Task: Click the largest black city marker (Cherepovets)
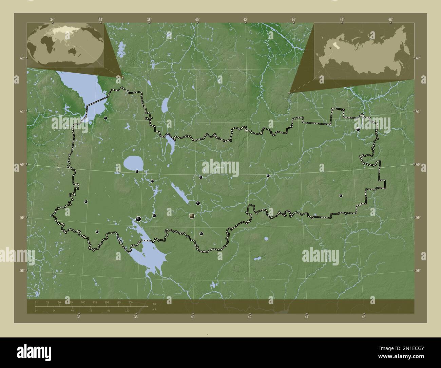[138, 219]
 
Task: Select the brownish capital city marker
[192, 216]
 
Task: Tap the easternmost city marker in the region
[358, 129]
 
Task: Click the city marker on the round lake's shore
[137, 171]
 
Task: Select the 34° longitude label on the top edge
[52, 20]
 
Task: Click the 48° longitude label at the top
[390, 20]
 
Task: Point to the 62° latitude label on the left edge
[22, 58]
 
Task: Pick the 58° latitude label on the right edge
[418, 270]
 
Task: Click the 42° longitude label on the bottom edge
[250, 317]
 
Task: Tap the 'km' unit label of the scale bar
[155, 304]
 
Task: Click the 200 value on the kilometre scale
[130, 302]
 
